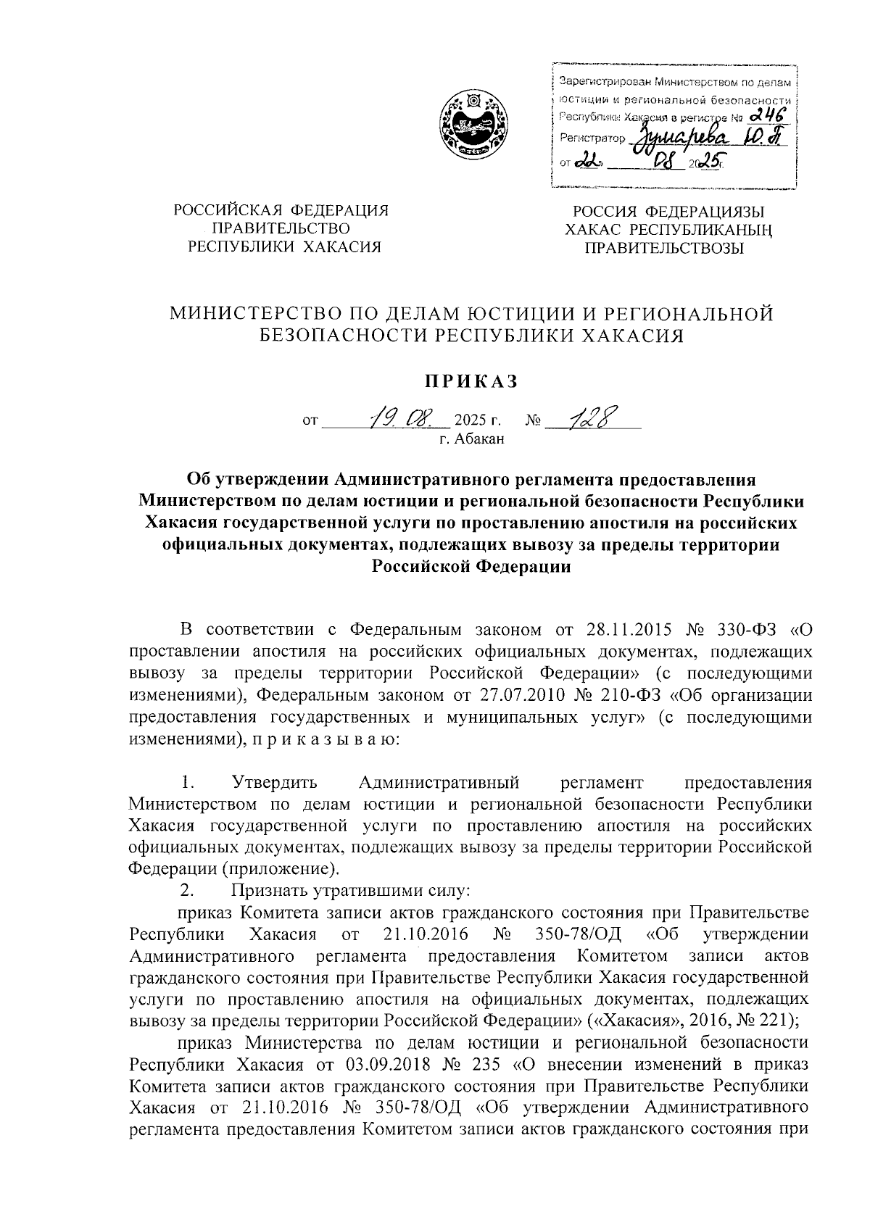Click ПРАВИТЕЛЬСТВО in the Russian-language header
point(279,228)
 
